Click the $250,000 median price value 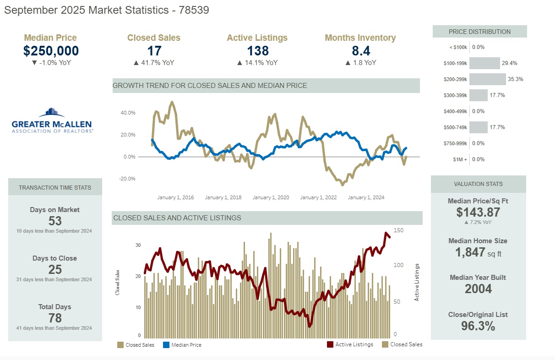tap(51, 51)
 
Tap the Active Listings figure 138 tap(257, 51)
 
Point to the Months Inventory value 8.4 tap(360, 51)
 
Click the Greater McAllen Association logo tap(52, 120)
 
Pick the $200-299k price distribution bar tap(487, 79)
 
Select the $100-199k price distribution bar tap(484, 63)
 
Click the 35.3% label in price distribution tap(515, 79)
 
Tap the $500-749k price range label tap(455, 127)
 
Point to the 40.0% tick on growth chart tap(128, 113)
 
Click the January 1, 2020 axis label tap(271, 197)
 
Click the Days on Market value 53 tap(55, 221)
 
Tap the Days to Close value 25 tap(55, 270)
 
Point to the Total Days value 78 tap(55, 318)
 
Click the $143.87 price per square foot tap(478, 212)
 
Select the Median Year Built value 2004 tap(478, 289)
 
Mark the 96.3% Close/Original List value tap(478, 326)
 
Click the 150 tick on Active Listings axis tap(398, 230)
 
